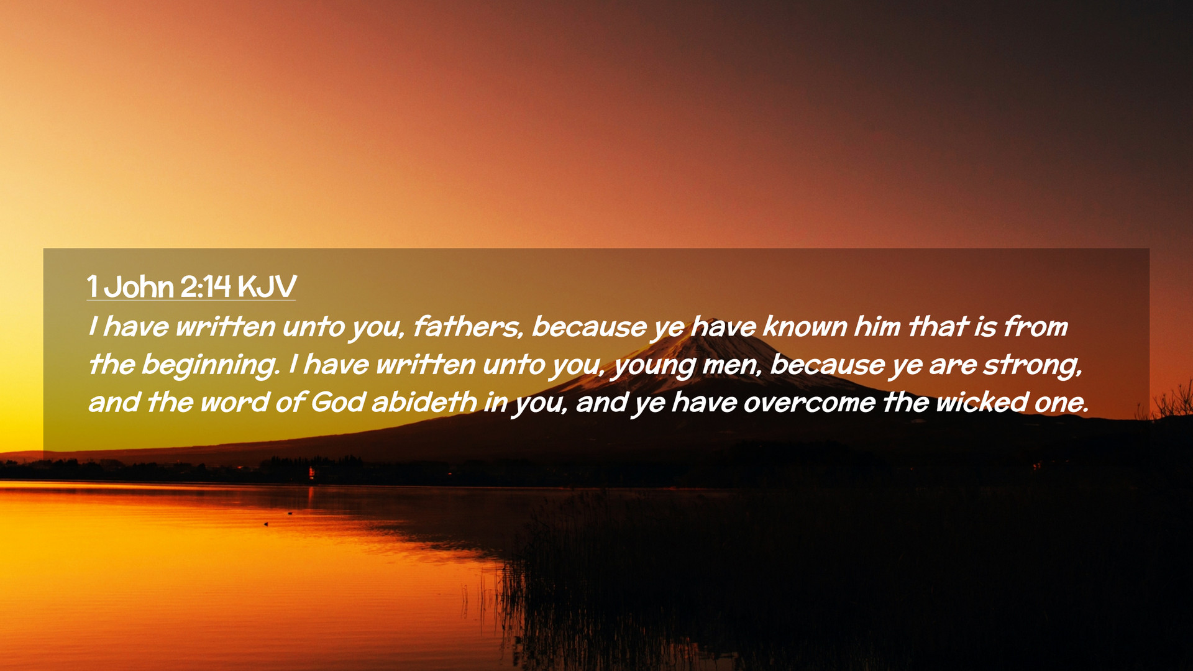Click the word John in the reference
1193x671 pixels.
pyautogui.click(x=139, y=287)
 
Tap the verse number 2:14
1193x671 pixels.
pyautogui.click(x=206, y=287)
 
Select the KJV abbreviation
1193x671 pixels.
pyautogui.click(x=267, y=287)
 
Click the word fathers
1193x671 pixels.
pyautogui.click(x=467, y=327)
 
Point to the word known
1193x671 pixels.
pyautogui.click(x=805, y=327)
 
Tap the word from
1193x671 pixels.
pyautogui.click(x=1036, y=327)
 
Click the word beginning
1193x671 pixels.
pyautogui.click(x=210, y=365)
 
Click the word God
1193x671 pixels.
pyautogui.click(x=338, y=403)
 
